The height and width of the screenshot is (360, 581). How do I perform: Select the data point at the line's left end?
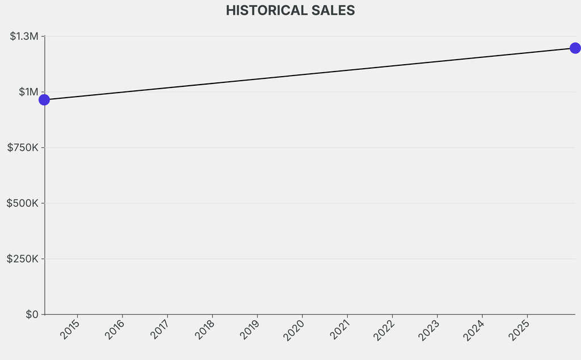click(44, 100)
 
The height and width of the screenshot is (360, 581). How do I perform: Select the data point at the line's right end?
click(575, 48)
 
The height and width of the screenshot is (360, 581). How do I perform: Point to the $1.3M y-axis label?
click(24, 36)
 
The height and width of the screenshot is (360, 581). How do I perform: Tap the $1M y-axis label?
click(28, 92)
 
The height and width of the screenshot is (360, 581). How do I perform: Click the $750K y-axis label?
click(23, 148)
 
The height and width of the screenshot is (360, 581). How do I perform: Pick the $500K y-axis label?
click(23, 203)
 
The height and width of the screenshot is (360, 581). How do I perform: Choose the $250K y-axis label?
click(23, 259)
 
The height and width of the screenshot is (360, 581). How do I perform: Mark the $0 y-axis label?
click(32, 315)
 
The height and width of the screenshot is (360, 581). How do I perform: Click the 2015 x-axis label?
click(71, 330)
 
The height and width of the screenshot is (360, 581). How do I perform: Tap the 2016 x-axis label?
click(116, 330)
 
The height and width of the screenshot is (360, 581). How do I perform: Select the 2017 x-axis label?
click(161, 330)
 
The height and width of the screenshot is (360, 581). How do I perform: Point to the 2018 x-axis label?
click(205, 330)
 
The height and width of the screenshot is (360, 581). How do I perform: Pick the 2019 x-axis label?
click(250, 330)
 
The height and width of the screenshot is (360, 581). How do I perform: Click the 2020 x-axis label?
click(295, 330)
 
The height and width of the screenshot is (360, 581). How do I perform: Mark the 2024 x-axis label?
click(475, 330)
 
